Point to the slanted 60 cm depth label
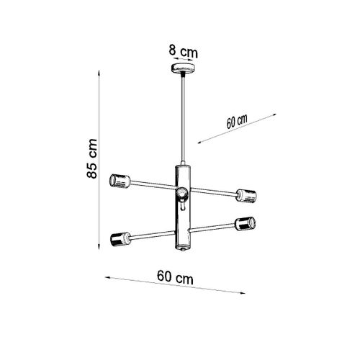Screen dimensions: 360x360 coord(237,120)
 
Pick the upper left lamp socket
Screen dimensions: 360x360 coord(118,180)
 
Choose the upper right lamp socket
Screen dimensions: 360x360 coord(246,194)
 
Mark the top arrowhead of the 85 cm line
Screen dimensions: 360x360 coord(98,73)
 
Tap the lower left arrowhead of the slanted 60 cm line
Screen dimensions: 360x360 coord(199,145)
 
